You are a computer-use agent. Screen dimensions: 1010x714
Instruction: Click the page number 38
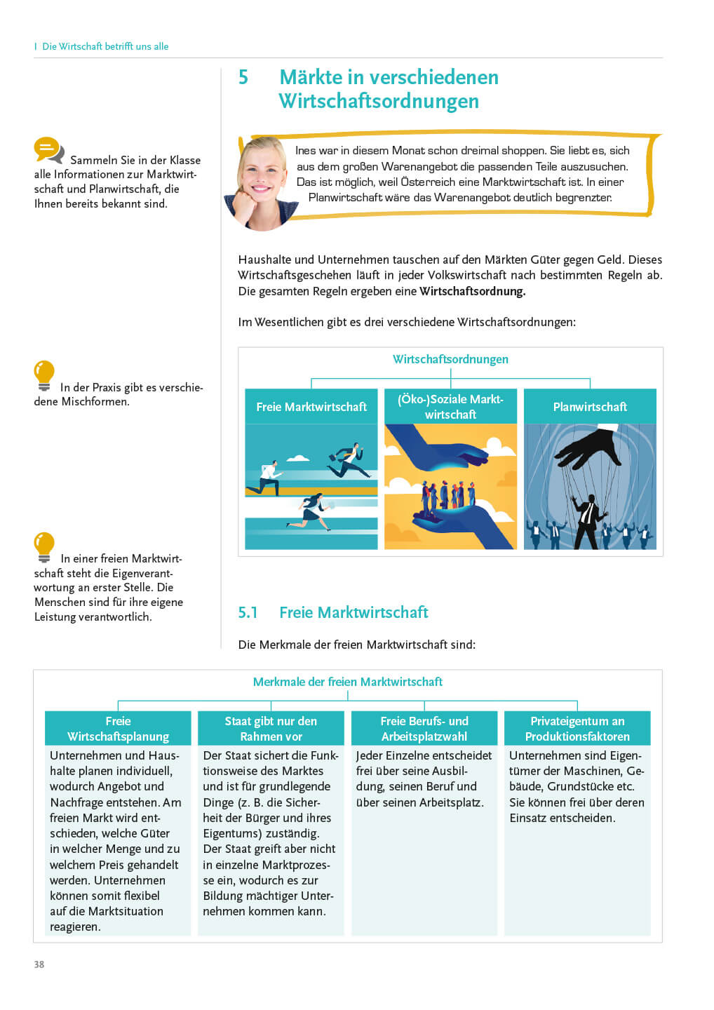coord(39,964)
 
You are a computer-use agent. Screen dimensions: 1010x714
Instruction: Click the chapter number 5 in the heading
coord(243,77)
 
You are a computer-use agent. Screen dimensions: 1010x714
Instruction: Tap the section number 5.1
coord(248,612)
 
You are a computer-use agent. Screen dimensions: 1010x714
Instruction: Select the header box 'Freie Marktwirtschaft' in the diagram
coord(311,407)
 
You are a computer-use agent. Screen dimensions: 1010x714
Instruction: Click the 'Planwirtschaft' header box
coord(590,407)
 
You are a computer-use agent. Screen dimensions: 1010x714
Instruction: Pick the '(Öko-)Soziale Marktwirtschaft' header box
coord(450,407)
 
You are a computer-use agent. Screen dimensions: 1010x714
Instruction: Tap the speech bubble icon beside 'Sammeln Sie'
coord(48,149)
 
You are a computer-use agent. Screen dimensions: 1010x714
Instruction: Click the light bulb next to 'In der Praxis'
coord(44,375)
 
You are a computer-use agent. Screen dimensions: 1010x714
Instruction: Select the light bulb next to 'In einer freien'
coord(44,546)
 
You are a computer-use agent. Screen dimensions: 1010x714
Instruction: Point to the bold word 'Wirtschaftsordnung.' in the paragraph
coord(472,291)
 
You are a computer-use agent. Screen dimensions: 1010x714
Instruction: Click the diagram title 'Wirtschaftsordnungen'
coord(450,359)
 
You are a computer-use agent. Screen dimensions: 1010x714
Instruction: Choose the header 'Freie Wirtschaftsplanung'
coord(118,729)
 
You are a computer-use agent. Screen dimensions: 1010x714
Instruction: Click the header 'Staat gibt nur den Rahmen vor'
coord(271,729)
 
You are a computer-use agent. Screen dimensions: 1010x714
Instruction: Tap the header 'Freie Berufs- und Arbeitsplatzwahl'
coord(424,729)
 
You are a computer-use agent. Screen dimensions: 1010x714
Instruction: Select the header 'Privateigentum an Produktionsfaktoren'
coord(577,729)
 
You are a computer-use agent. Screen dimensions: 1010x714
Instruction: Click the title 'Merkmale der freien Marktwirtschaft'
coord(348,682)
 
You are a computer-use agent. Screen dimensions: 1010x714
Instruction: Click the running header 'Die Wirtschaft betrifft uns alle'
coord(105,46)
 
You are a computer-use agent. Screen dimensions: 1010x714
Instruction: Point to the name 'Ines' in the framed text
coord(306,151)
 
